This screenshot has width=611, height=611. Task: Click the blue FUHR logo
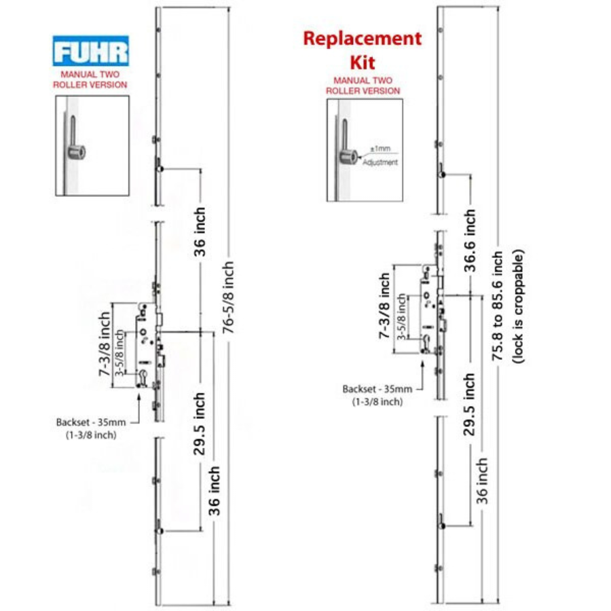[90, 52]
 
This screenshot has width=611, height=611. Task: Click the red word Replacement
[362, 38]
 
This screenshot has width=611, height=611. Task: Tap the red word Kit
[363, 63]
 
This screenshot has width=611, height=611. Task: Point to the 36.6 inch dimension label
[470, 240]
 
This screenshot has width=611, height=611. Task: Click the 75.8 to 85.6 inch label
[499, 305]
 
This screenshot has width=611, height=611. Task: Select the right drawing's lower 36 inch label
[482, 481]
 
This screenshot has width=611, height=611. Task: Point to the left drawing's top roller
[158, 167]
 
